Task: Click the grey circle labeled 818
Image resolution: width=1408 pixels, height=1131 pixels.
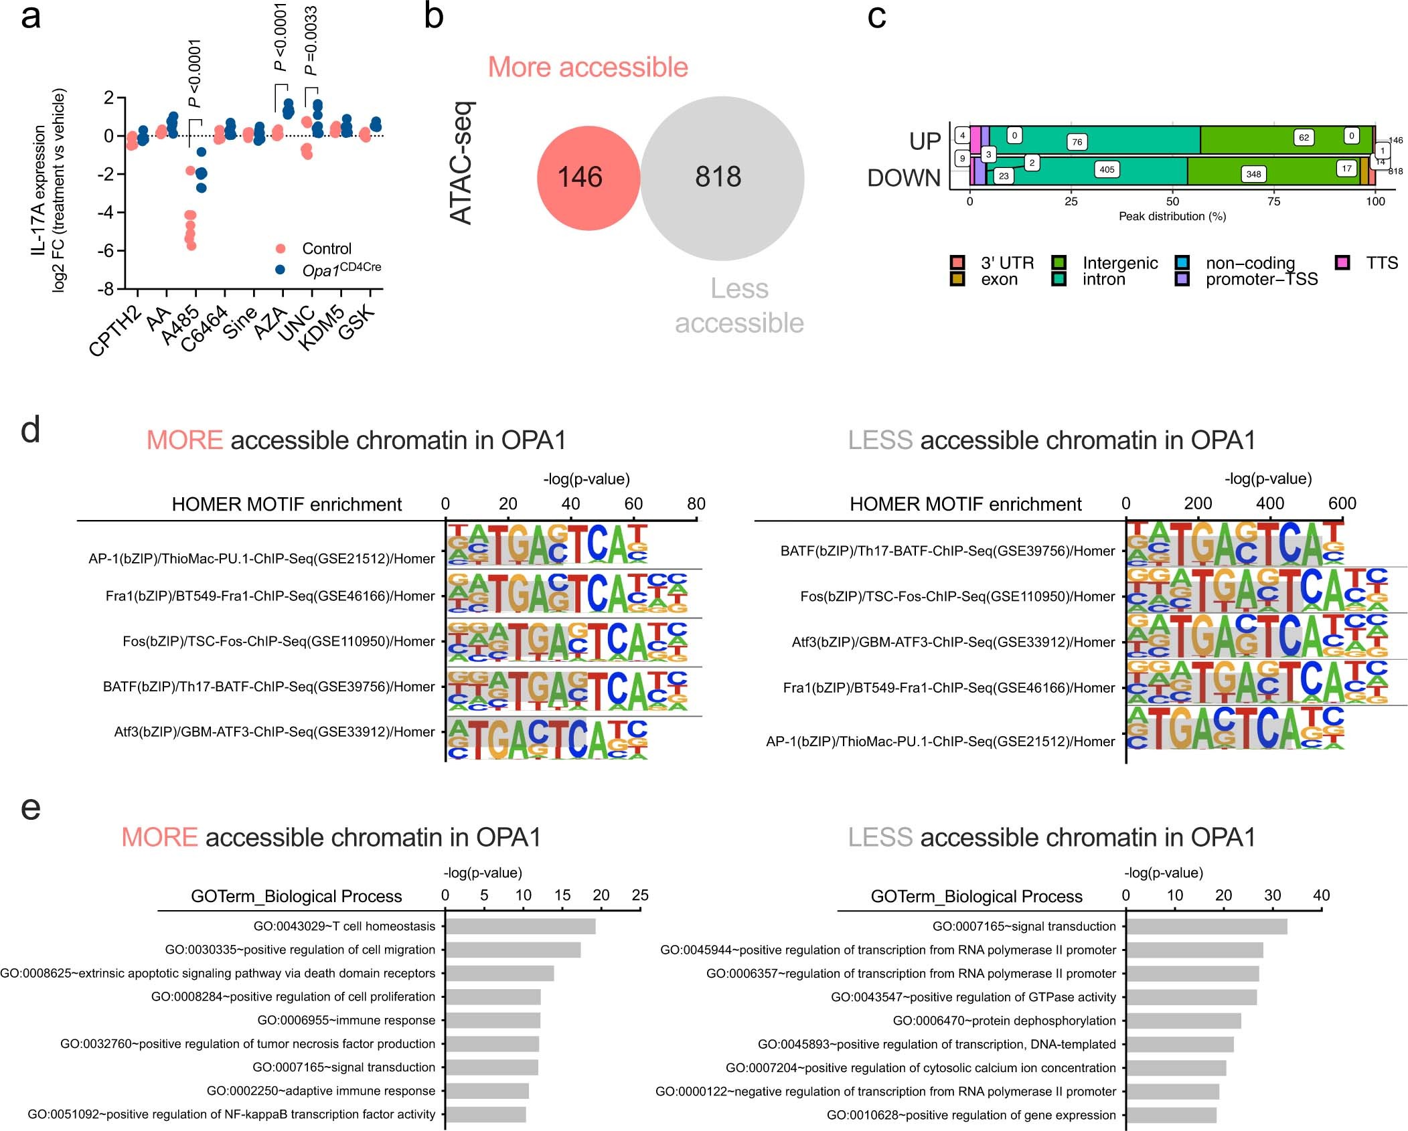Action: (x=722, y=178)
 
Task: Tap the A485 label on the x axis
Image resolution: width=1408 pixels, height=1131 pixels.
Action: (x=181, y=325)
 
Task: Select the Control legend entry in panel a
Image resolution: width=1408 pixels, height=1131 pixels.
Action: (x=326, y=249)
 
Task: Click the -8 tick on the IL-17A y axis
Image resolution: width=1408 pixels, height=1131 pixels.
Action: (x=106, y=289)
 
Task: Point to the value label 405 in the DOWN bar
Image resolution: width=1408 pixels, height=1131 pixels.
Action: (x=1107, y=169)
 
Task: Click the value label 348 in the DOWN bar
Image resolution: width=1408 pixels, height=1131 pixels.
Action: (x=1253, y=174)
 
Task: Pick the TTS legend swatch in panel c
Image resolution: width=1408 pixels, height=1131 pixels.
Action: (x=1342, y=262)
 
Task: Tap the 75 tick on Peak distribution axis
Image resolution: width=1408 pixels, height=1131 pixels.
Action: (x=1273, y=201)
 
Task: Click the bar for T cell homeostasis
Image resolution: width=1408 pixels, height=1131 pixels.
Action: (x=520, y=926)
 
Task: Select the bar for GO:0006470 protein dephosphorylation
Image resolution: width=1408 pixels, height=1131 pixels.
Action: (x=1183, y=1021)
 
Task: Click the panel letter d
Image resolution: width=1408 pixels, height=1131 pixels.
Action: (x=30, y=429)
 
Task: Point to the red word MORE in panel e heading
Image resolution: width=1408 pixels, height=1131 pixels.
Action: (x=159, y=837)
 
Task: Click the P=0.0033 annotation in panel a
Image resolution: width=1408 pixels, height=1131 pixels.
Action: (x=311, y=40)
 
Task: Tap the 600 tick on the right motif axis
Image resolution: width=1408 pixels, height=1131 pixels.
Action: (x=1342, y=504)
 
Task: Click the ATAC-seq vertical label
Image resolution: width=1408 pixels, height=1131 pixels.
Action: (x=462, y=163)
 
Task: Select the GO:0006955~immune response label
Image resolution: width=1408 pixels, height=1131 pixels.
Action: (x=345, y=1020)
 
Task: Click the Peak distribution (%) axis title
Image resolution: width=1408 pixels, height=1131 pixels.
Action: (x=1172, y=216)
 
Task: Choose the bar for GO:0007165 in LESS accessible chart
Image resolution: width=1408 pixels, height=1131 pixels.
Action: (x=1206, y=926)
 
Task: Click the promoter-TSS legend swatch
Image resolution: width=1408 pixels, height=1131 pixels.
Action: (x=1182, y=279)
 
